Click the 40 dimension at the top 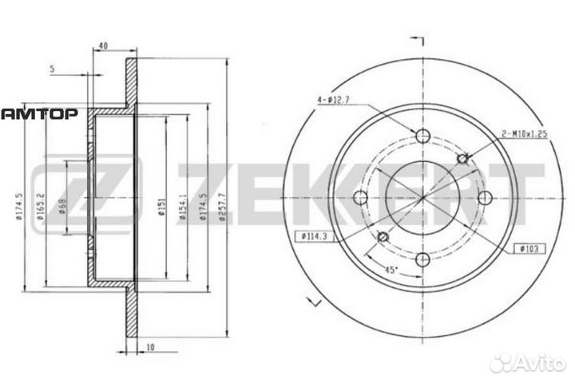(103, 45)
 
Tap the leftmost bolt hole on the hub (361, 196)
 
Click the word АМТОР (38, 114)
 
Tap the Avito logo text (534, 363)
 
